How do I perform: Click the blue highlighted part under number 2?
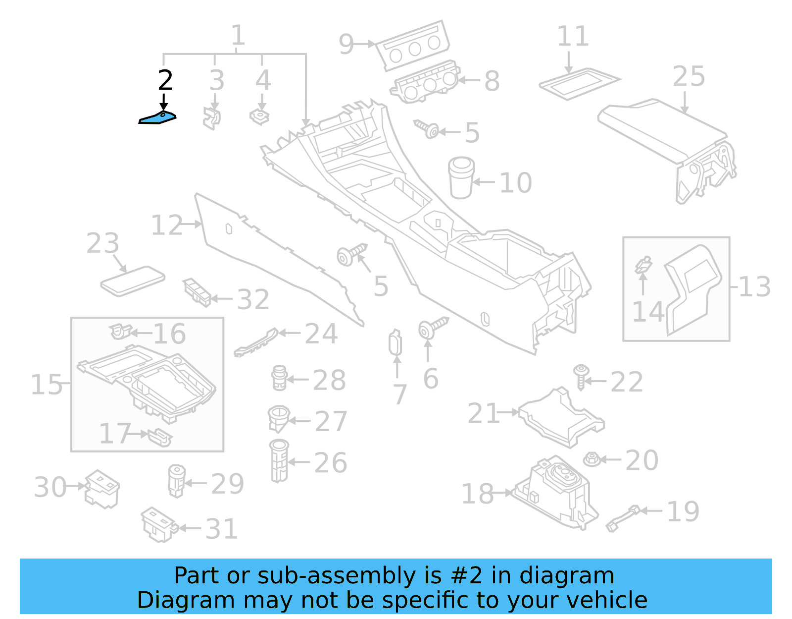click(x=157, y=118)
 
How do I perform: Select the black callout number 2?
click(x=165, y=80)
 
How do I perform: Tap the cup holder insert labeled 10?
click(x=461, y=178)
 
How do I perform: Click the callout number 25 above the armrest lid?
click(x=689, y=77)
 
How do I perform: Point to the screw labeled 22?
click(x=581, y=377)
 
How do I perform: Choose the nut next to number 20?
click(x=592, y=459)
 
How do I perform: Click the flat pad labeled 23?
click(x=132, y=281)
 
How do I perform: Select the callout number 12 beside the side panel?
click(x=167, y=225)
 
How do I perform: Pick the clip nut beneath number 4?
click(x=259, y=117)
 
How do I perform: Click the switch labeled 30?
click(x=102, y=489)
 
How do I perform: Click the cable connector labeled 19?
click(x=624, y=518)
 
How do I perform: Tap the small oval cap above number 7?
click(x=396, y=343)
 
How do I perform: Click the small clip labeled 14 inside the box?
click(x=643, y=265)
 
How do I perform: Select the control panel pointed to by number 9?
click(x=413, y=47)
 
